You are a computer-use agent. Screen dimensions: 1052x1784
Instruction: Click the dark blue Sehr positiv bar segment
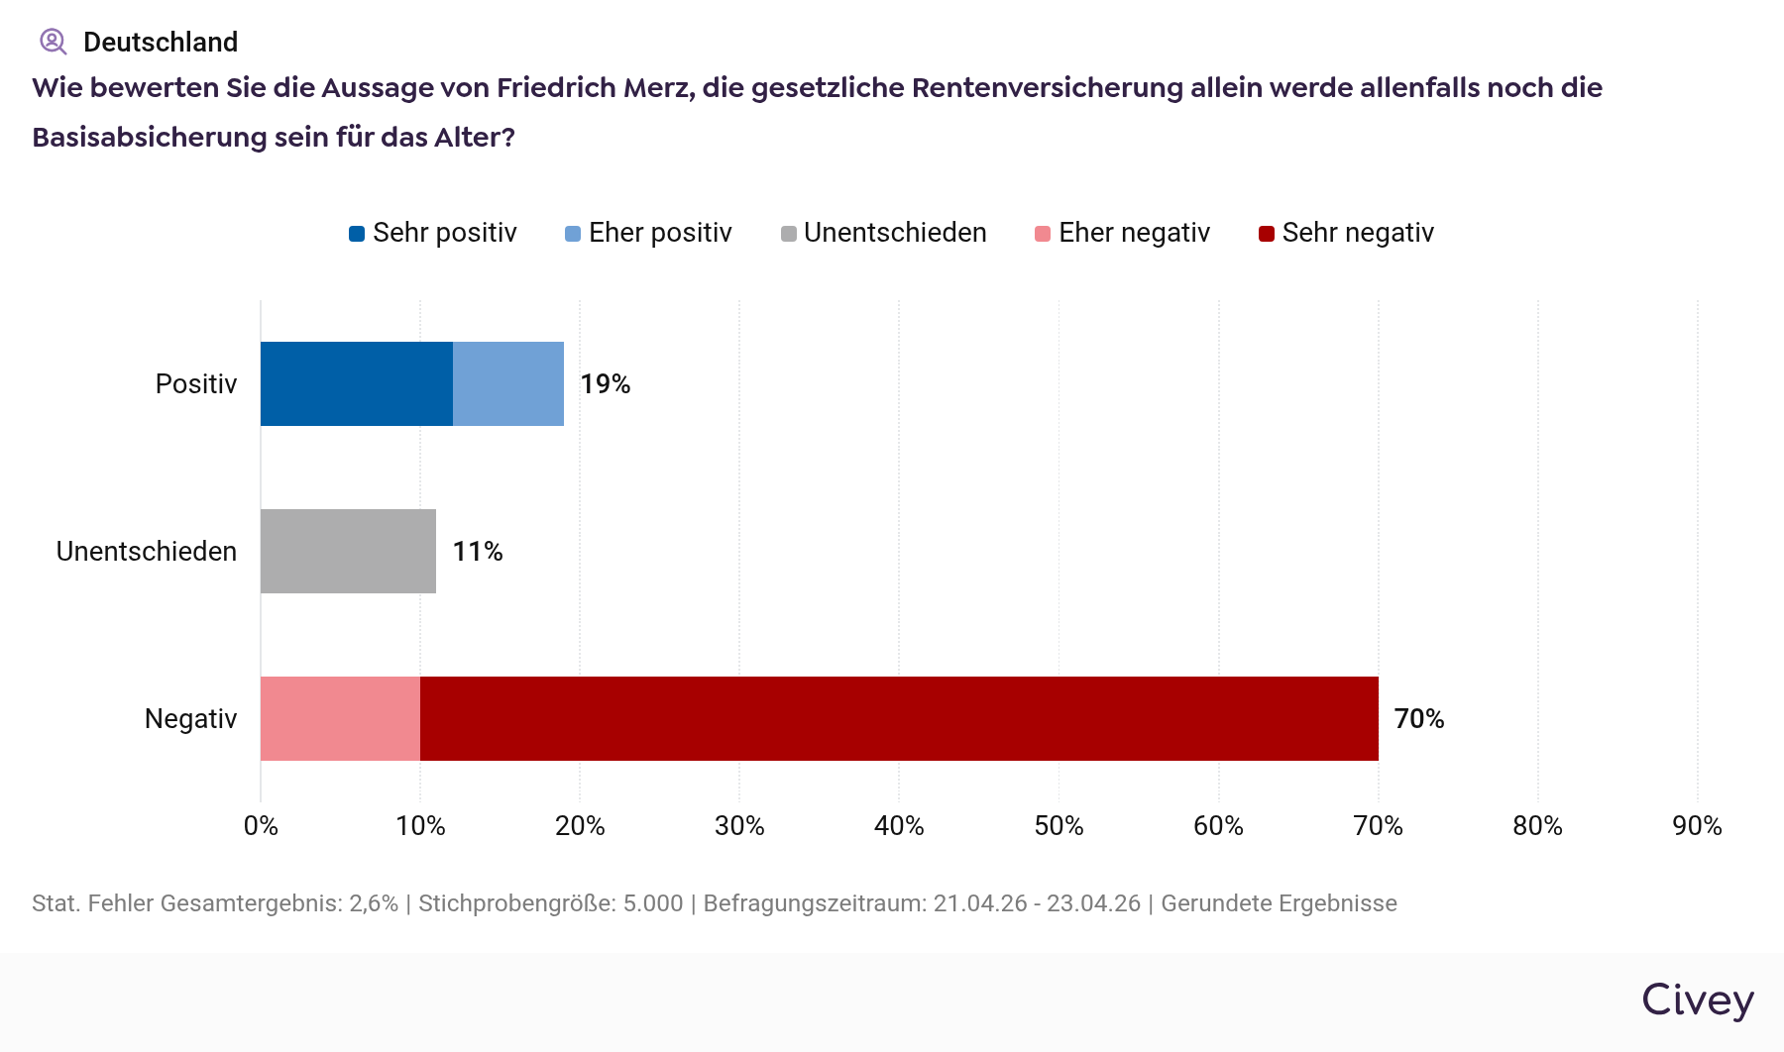pos(357,383)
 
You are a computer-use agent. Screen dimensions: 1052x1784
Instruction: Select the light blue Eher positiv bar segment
pos(508,383)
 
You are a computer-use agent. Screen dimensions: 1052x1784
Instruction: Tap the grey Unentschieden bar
pos(348,551)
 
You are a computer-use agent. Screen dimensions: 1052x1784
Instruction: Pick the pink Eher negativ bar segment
pos(340,718)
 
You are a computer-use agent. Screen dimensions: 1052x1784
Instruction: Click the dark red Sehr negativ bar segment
pos(899,718)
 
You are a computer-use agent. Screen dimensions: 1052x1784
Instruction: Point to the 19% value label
pos(606,383)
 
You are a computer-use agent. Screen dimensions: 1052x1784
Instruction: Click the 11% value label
pos(478,551)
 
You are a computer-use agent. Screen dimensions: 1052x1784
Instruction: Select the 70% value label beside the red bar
pos(1419,718)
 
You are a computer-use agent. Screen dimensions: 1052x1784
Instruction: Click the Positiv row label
pos(196,383)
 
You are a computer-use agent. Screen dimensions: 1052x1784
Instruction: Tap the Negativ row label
pos(190,718)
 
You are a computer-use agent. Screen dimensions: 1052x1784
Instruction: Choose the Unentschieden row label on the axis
pos(147,551)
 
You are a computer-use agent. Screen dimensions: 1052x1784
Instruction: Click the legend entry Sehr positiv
pos(433,233)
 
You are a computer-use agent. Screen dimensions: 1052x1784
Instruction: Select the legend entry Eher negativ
pos(1123,233)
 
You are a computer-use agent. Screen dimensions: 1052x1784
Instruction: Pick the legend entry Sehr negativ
pos(1346,233)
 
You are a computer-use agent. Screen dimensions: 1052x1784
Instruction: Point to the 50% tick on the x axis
pos(1059,825)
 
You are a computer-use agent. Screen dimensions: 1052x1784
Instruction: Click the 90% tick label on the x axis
pos(1697,825)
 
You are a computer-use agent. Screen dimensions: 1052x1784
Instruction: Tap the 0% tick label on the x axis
pos(261,825)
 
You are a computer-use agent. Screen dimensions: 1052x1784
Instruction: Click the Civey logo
pos(1698,1000)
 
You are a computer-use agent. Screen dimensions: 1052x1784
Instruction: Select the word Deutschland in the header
pos(161,42)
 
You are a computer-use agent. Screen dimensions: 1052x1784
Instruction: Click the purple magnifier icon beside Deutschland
pos(53,42)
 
